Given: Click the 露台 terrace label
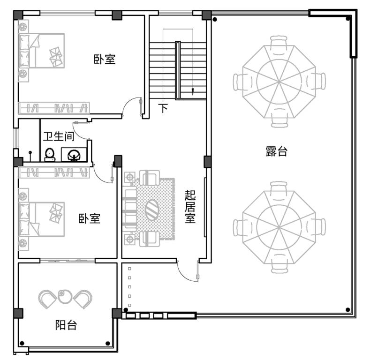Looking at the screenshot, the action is point(276,151).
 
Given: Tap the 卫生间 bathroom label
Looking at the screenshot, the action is point(59,136).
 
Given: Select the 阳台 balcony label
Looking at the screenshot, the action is point(66,325).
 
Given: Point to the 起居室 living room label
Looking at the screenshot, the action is point(190,206).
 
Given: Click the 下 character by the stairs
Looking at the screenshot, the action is point(163,108).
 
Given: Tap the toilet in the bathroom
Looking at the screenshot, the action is point(50,155).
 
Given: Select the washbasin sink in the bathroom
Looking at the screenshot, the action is point(74,155).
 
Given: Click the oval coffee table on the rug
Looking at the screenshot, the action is point(152,210).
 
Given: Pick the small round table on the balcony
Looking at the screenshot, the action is point(65,297).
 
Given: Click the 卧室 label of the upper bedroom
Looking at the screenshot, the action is point(105,59).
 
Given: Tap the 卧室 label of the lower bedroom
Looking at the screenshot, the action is point(90,218).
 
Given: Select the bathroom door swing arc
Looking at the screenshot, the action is point(79,133).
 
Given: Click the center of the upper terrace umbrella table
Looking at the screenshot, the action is point(279,82).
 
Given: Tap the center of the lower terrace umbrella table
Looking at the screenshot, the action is point(279,227).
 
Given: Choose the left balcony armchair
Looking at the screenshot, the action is point(47,299).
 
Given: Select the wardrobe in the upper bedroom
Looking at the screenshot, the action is point(54,108).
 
